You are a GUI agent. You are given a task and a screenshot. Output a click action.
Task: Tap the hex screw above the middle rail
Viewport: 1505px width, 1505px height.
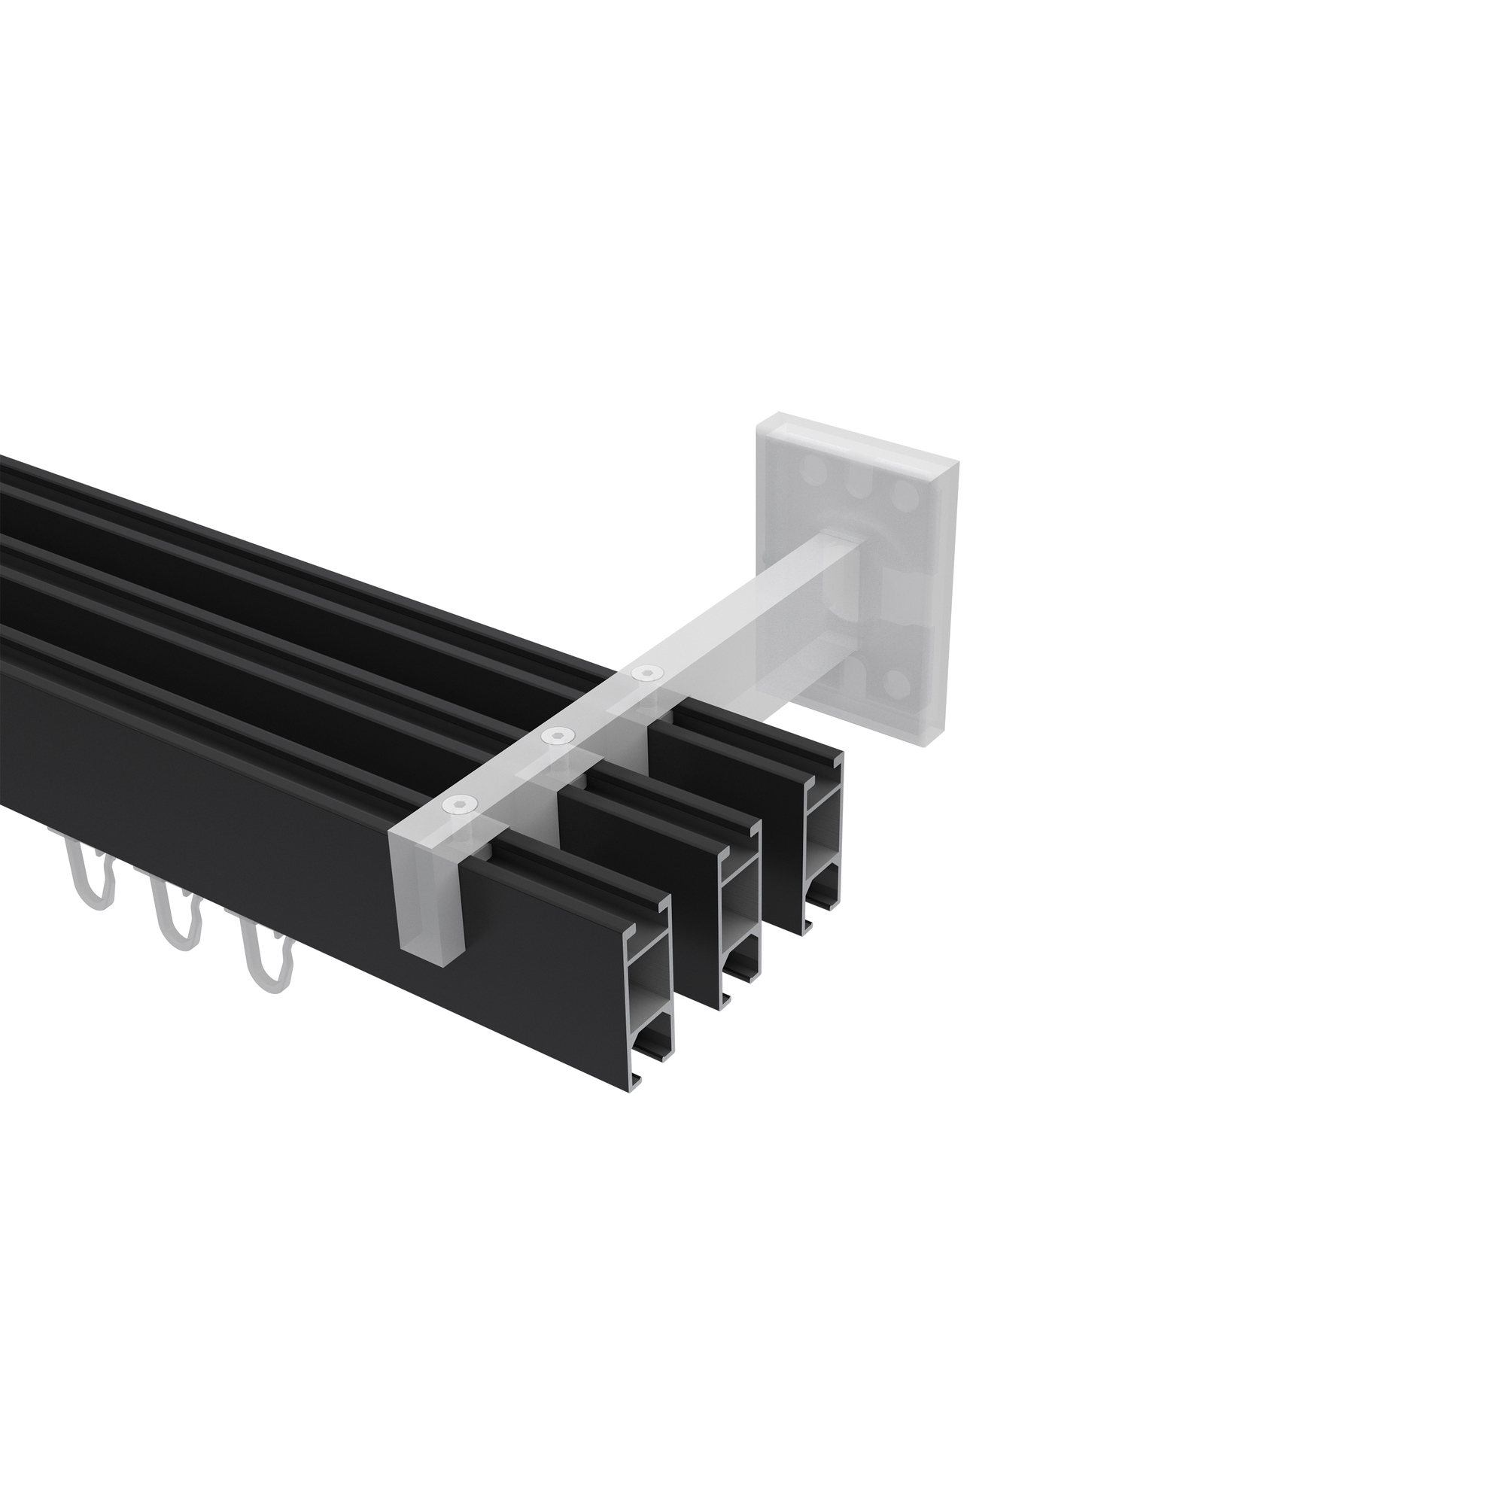click(556, 734)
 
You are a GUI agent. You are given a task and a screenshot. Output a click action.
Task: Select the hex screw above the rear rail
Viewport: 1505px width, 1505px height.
click(645, 671)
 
